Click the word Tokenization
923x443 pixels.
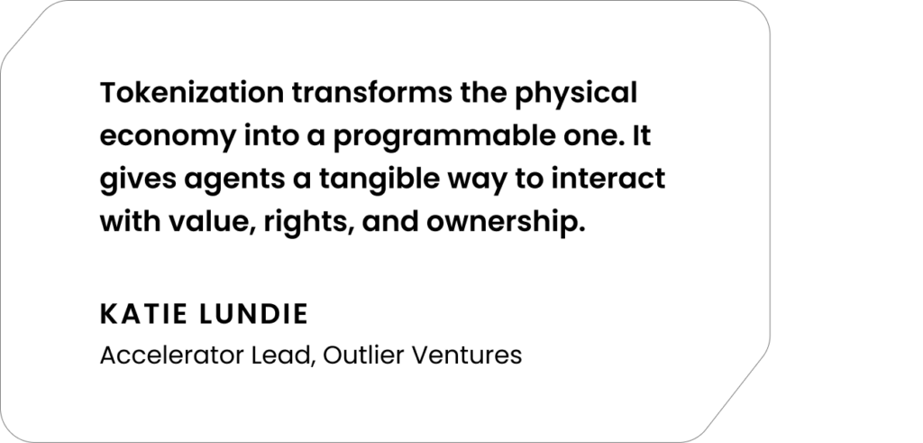pyautogui.click(x=192, y=93)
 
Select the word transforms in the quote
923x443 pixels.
pyautogui.click(x=372, y=93)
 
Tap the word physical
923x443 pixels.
pyautogui.click(x=576, y=94)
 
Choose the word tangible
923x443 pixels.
pyautogui.click(x=379, y=179)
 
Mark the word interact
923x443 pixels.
pyautogui.click(x=608, y=179)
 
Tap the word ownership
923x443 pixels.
pyautogui.click(x=506, y=223)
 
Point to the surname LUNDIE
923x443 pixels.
pyautogui.click(x=253, y=314)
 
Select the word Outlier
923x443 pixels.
pyautogui.click(x=362, y=355)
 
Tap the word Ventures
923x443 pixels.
pyautogui.click(x=466, y=355)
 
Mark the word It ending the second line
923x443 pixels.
pyautogui.click(x=642, y=136)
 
